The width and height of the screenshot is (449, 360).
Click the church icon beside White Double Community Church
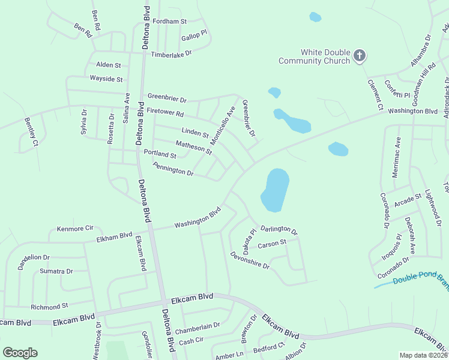coord(360,56)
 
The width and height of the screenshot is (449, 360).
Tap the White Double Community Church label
coord(315,56)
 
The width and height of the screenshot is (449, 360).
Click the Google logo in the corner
coord(20,353)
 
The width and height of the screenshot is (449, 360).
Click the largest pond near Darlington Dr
coord(276,189)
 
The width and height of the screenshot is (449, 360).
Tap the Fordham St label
coord(170,22)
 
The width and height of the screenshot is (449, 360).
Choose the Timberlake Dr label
coord(170,53)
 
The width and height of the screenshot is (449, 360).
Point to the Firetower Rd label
coord(164,113)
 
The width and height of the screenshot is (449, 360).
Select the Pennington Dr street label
coord(173,169)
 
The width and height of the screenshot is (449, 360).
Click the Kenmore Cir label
coord(75,229)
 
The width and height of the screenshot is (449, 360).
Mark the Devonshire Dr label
coord(250,260)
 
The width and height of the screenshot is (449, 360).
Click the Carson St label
coord(272,244)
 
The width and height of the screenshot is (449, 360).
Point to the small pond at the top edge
coord(315,17)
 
